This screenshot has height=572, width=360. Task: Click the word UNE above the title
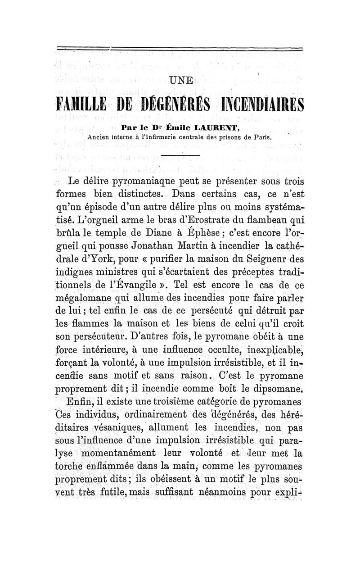(x=180, y=81)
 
